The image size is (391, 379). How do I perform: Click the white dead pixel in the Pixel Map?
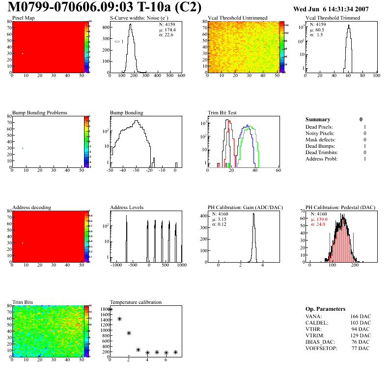(23, 54)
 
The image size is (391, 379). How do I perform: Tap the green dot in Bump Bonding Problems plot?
(23, 148)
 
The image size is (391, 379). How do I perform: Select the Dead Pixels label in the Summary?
(319, 127)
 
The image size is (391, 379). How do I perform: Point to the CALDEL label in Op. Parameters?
(316, 323)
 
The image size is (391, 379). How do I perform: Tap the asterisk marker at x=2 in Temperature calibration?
(129, 333)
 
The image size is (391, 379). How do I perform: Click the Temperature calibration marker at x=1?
(119, 319)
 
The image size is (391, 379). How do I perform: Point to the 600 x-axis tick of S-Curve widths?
(181, 76)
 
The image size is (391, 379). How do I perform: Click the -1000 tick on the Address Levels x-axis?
(116, 265)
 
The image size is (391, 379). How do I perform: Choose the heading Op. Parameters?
(326, 309)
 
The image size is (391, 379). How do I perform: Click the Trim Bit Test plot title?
(223, 113)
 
